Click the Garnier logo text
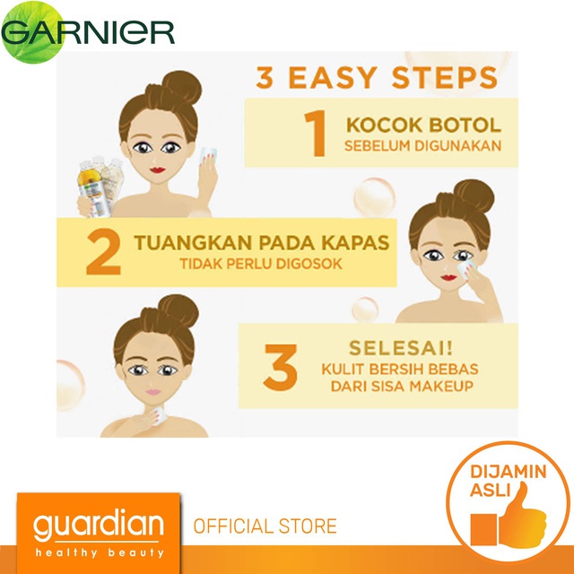[88, 32]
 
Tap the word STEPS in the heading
[445, 78]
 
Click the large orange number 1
[315, 134]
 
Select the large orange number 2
[104, 251]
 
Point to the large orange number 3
[281, 367]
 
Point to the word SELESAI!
[401, 348]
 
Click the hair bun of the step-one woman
[182, 87]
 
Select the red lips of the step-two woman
[448, 277]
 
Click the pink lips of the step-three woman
[153, 392]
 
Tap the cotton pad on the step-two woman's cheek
[466, 269]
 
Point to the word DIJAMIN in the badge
[509, 472]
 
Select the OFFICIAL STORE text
[265, 526]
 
